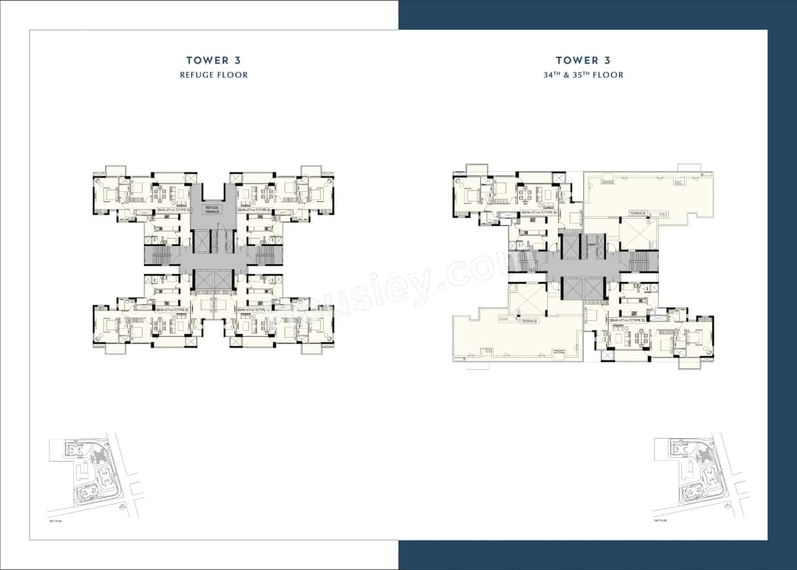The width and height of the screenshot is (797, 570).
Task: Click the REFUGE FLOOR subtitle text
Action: [214, 75]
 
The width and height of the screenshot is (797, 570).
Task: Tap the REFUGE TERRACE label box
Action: [212, 209]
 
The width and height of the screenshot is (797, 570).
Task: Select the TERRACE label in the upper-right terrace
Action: [638, 213]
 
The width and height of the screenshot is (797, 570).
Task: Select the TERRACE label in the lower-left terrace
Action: [529, 321]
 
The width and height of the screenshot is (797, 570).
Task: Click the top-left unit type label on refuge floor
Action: [172, 210]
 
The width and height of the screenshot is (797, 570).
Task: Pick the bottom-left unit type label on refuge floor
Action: [172, 309]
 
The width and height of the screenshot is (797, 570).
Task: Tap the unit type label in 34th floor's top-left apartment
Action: [538, 213]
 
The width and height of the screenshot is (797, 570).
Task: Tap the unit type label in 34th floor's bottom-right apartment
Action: [627, 320]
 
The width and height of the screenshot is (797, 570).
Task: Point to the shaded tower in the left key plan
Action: [101, 458]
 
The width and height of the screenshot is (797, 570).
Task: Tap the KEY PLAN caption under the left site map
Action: [56, 520]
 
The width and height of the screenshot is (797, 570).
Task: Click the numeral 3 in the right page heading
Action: [606, 60]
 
